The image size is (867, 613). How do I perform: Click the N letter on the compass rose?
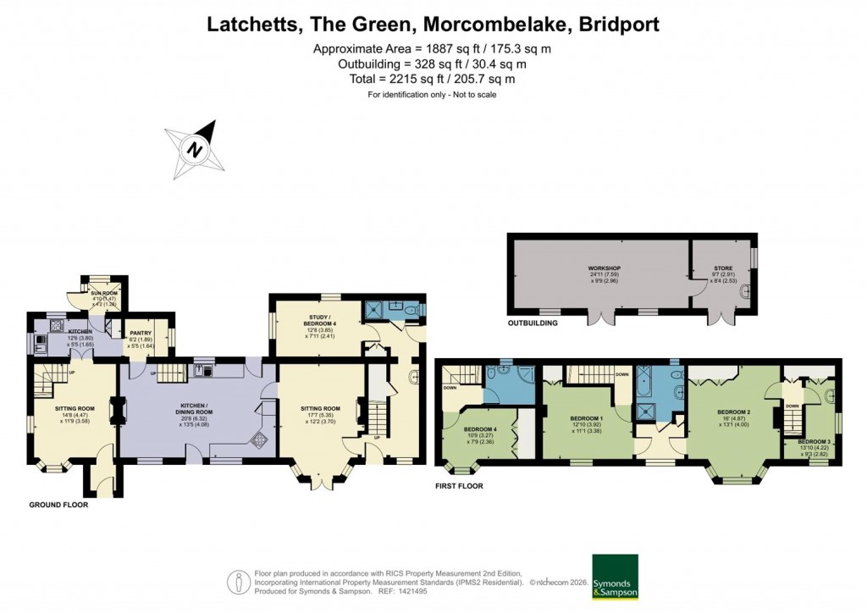pos(196,151)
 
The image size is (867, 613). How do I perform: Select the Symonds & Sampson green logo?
pos(616,577)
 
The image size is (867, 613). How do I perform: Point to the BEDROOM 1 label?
pos(586,418)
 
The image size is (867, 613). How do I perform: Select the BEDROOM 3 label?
pos(813,442)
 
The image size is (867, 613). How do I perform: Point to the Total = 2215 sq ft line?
pos(433,79)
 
